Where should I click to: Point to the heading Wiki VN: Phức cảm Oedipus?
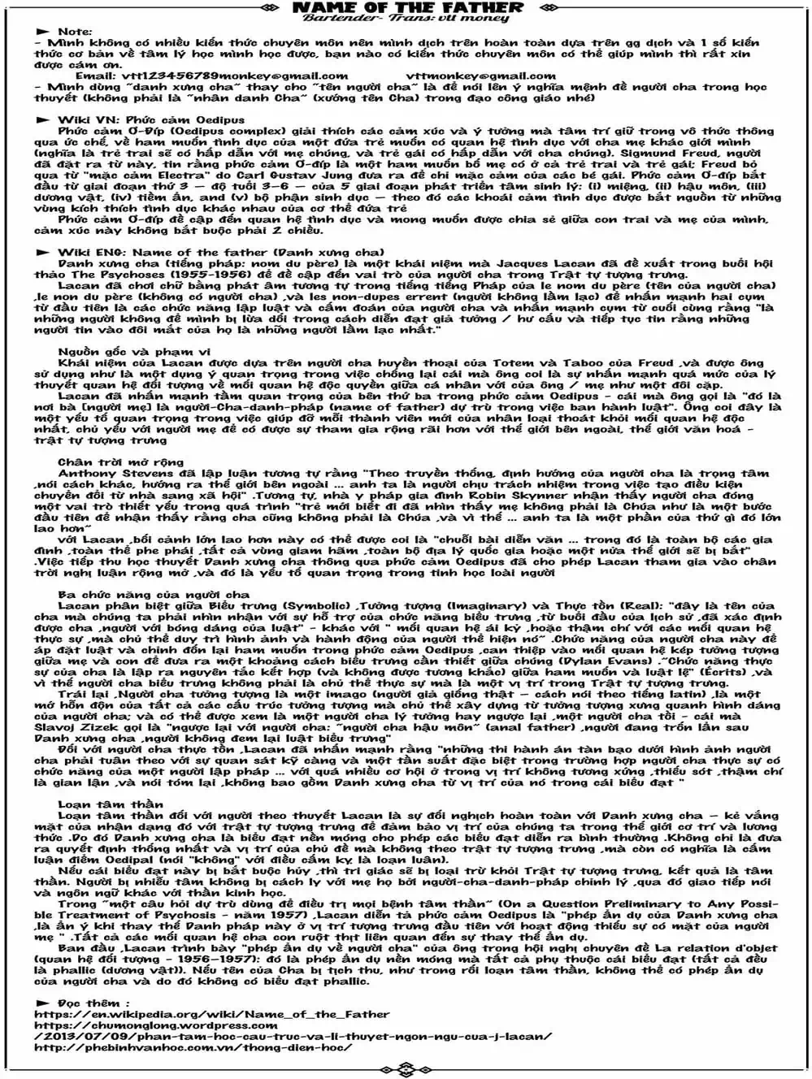[150, 119]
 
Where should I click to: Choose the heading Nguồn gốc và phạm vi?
[122, 352]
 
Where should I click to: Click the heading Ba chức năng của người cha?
[154, 595]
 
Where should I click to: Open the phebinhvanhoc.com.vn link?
[193, 1047]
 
